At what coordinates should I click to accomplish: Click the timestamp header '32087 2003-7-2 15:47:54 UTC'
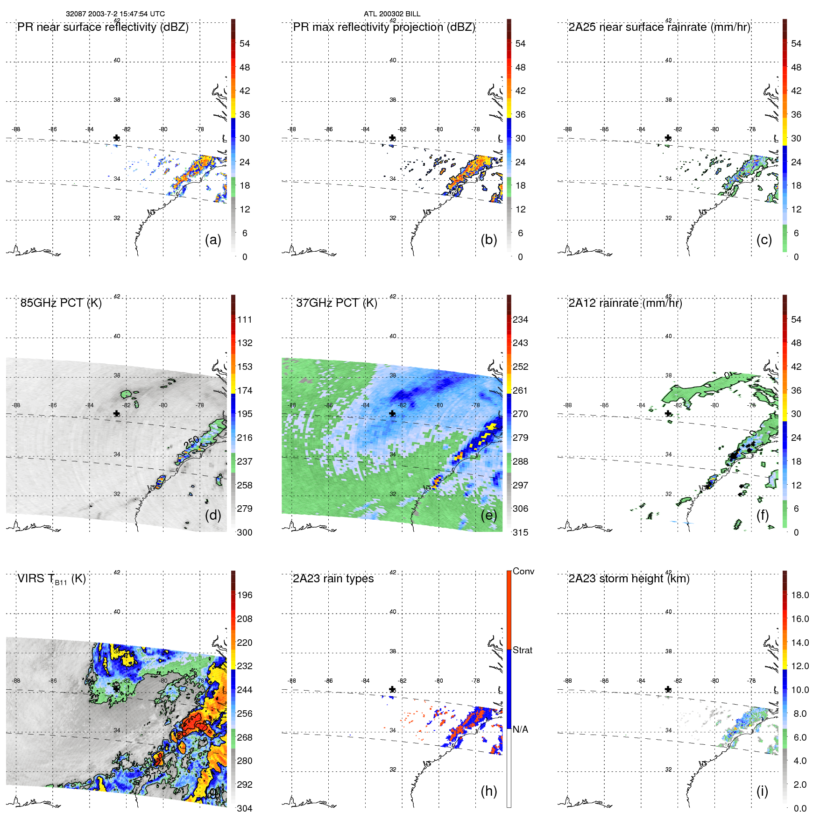[115, 14]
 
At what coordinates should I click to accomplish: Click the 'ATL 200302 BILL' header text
[392, 14]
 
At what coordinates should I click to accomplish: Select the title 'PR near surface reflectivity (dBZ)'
[103, 27]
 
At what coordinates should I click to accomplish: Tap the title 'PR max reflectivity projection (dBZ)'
[384, 27]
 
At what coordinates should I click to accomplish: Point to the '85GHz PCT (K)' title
[61, 303]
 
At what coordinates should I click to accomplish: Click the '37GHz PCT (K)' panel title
[336, 303]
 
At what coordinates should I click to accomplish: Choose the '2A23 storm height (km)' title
[629, 579]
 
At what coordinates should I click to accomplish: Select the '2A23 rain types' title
[333, 579]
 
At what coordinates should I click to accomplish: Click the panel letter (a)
[213, 240]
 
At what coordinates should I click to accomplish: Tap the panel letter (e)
[488, 516]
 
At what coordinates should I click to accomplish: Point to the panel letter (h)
[488, 791]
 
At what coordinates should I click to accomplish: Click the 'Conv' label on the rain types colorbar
[523, 572]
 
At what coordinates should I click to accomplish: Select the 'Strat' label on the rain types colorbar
[522, 650]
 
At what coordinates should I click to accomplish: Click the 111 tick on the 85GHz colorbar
[245, 320]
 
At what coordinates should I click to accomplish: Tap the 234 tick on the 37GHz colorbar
[520, 320]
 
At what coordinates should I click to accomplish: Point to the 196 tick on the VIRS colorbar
[245, 595]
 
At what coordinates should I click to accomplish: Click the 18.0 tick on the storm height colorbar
[799, 595]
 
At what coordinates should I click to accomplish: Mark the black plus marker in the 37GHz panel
[392, 414]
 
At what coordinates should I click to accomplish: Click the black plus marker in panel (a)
[116, 138]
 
